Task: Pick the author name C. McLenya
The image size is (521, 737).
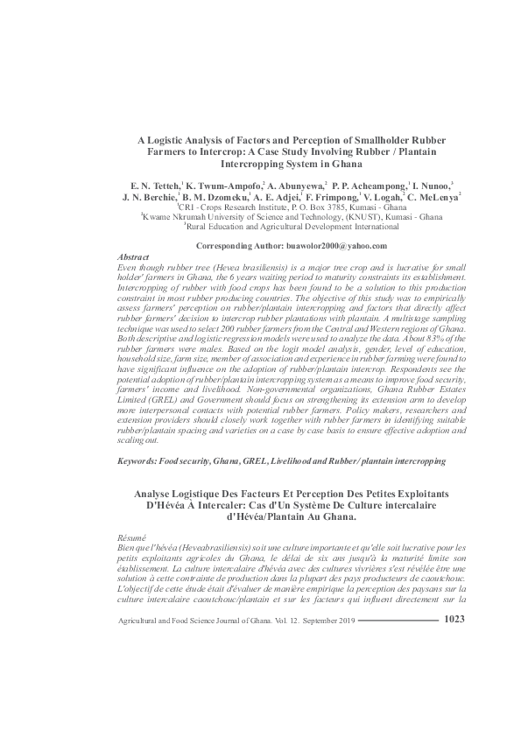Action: tap(434, 199)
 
